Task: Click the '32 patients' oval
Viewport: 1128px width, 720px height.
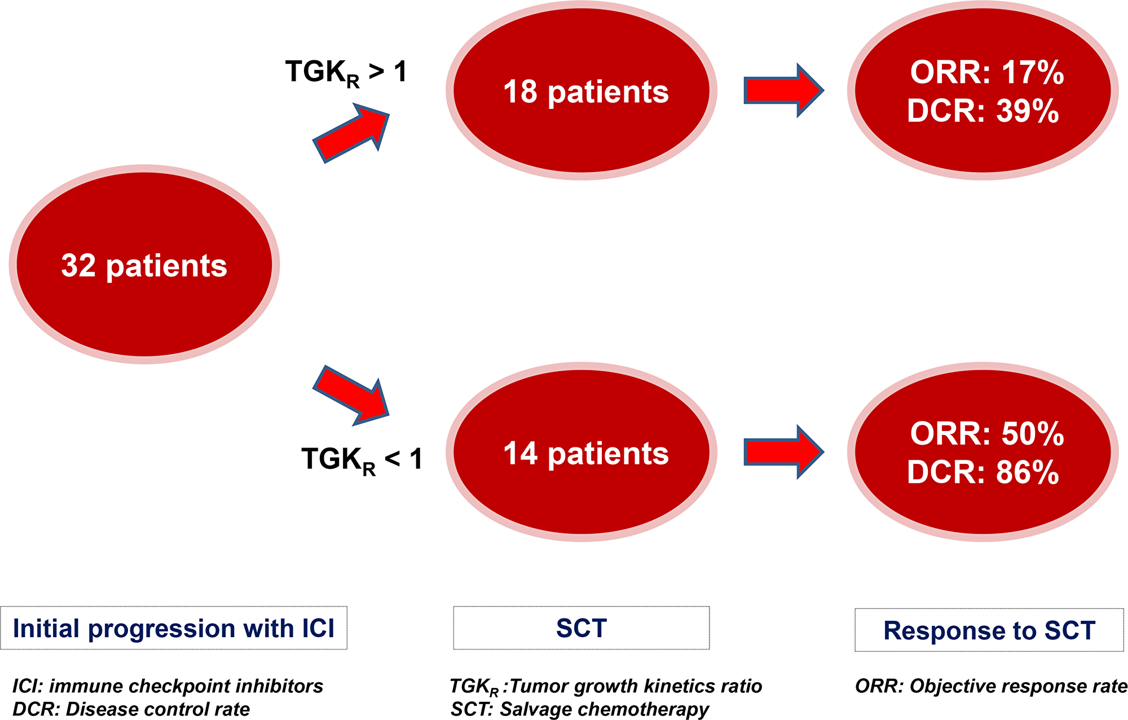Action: point(144,265)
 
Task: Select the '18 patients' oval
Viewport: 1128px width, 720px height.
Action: point(581,91)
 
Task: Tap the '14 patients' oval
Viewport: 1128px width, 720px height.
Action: point(581,453)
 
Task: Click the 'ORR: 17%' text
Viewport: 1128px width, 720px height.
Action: point(986,73)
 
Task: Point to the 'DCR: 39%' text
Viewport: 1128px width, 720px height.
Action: point(982,111)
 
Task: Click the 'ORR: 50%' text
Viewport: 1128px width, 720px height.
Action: point(986,434)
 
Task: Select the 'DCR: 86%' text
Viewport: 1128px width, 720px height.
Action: point(982,472)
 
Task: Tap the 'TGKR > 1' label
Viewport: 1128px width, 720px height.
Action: point(346,73)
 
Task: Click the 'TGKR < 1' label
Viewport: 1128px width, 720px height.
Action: point(362,459)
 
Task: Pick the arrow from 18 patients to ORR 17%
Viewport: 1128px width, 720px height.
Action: point(783,90)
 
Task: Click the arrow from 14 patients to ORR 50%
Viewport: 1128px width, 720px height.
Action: point(783,452)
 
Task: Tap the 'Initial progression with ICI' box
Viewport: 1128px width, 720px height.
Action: point(174,628)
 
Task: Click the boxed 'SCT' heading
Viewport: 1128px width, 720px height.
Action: point(581,628)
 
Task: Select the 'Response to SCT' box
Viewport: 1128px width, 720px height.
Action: point(989,630)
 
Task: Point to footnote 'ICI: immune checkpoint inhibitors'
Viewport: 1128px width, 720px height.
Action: point(168,686)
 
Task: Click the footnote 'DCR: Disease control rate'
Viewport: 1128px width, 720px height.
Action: point(131,709)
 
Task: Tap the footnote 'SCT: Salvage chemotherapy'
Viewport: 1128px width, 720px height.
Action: point(579,709)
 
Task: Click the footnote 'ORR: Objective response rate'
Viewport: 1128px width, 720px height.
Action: point(990,686)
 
